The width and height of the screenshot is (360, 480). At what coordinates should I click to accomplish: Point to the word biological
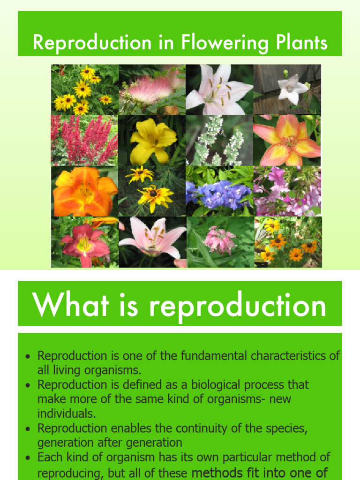(213, 385)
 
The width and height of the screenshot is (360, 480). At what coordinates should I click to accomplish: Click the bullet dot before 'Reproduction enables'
(29, 429)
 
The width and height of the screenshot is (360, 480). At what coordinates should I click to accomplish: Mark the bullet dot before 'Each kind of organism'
(29, 457)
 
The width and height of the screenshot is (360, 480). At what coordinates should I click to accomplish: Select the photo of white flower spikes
(219, 140)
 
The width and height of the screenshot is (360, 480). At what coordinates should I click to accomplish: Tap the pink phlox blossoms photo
(287, 191)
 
